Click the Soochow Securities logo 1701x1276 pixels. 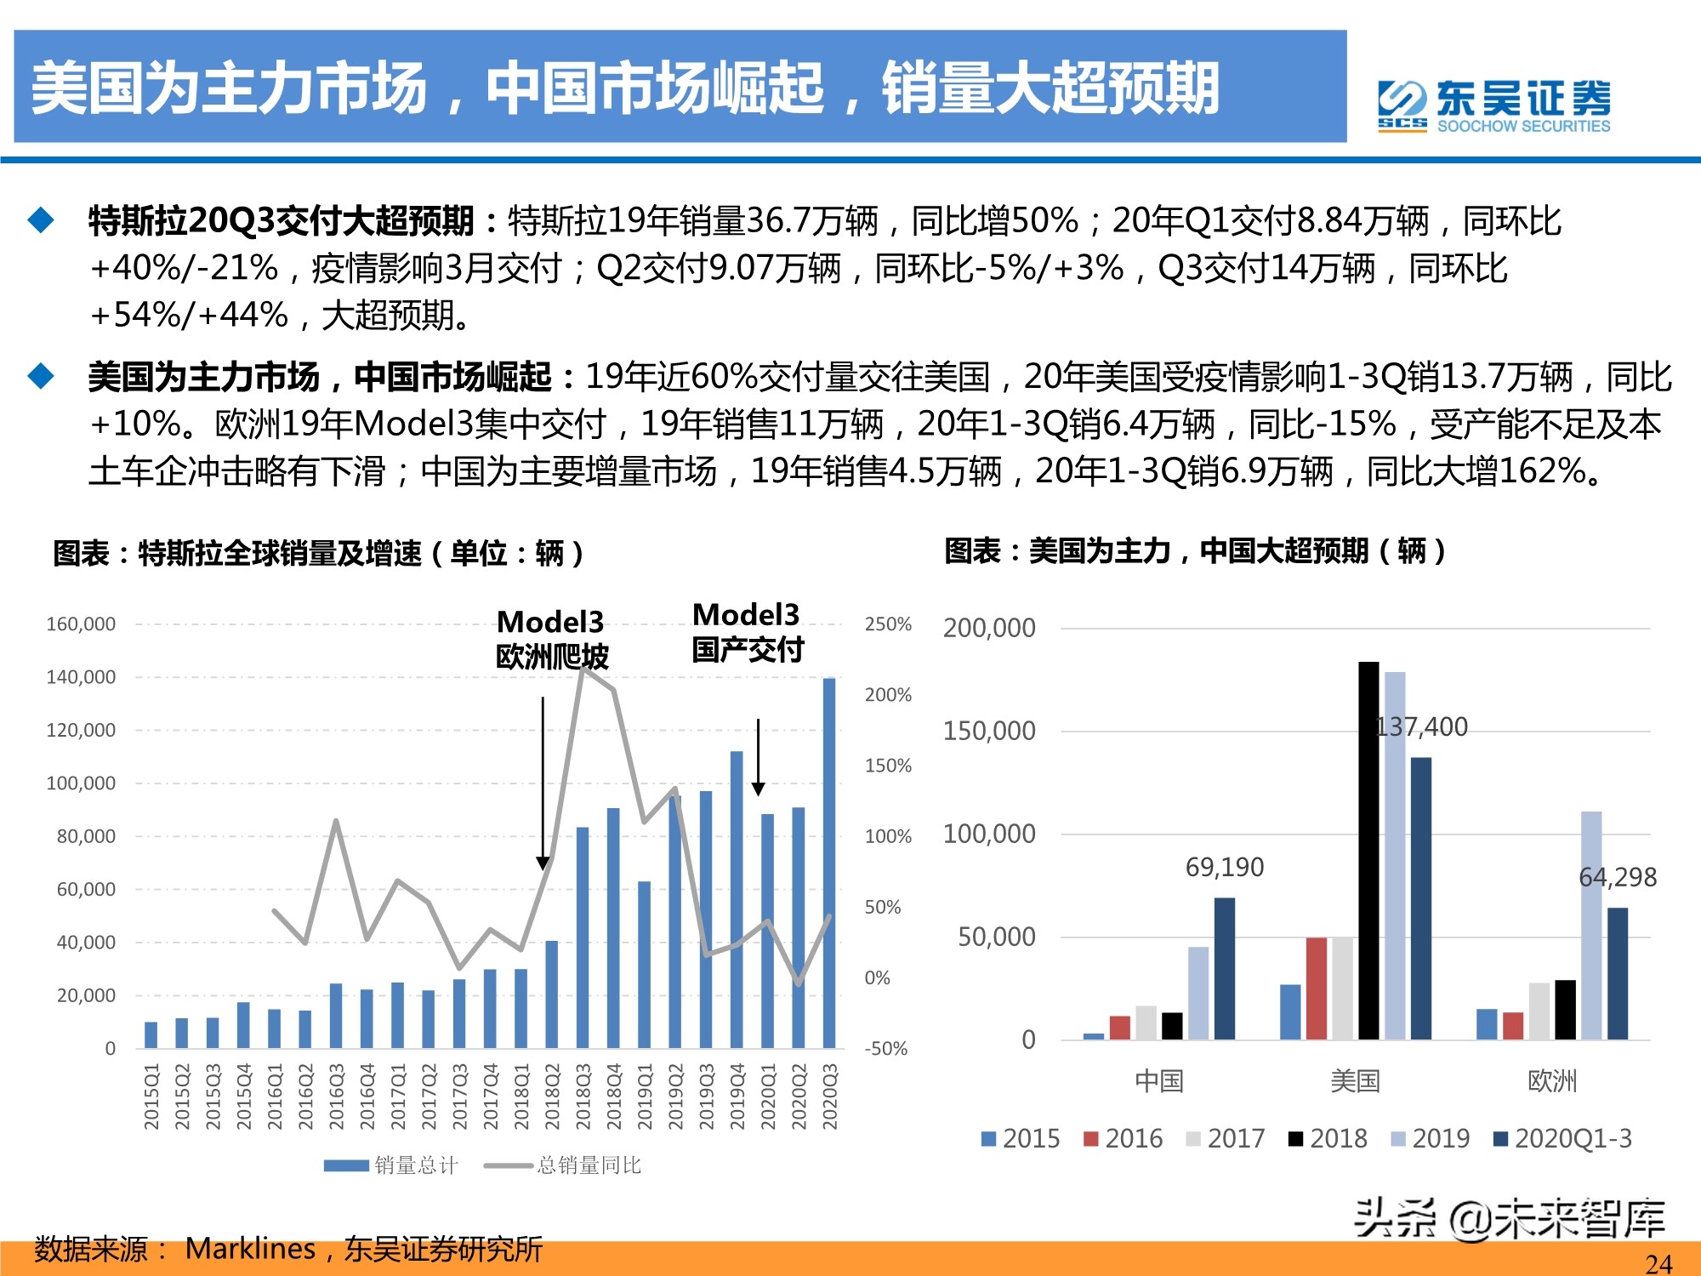[1493, 106]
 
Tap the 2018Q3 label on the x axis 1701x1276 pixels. [583, 1097]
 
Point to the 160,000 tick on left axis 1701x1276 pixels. [81, 624]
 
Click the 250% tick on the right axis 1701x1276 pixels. [888, 624]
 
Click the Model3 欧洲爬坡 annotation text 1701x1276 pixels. [552, 639]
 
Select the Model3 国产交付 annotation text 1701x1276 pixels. [747, 632]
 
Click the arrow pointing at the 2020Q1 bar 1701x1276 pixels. [758, 757]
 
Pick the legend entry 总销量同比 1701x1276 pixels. [564, 1165]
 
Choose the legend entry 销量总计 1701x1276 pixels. [391, 1165]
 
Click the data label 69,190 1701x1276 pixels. [1225, 867]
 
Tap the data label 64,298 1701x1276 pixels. [1617, 877]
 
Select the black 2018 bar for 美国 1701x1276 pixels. [1368, 851]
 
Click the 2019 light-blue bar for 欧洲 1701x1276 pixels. [1591, 926]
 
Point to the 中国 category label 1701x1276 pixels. [1159, 1081]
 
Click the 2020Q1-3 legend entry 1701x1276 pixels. [1563, 1138]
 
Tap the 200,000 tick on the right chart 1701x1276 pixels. [989, 629]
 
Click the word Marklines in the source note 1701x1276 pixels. [250, 1248]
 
